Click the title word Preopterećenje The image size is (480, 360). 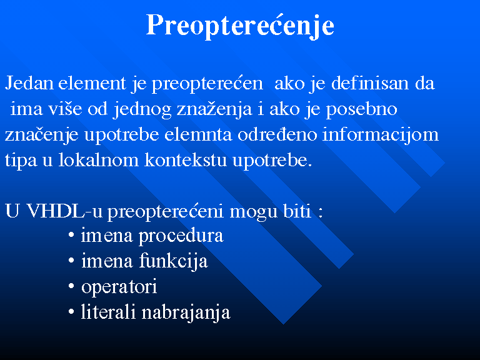pyautogui.click(x=240, y=26)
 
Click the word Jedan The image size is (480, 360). pyautogui.click(x=29, y=83)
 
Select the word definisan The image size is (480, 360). pyautogui.click(x=370, y=82)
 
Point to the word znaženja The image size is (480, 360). pyautogui.click(x=214, y=109)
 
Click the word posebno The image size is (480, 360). pyautogui.click(x=361, y=109)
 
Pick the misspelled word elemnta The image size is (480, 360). pyautogui.click(x=198, y=134)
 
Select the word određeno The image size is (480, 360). pyautogui.click(x=277, y=134)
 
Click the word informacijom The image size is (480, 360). pyautogui.click(x=381, y=135)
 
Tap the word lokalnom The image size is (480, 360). pyautogui.click(x=98, y=160)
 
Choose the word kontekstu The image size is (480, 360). pyautogui.click(x=186, y=160)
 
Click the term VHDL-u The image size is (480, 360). pyautogui.click(x=64, y=211)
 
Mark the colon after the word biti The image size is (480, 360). pyautogui.click(x=320, y=212)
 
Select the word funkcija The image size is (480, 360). pyautogui.click(x=174, y=262)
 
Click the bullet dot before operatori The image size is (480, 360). pyautogui.click(x=71, y=286)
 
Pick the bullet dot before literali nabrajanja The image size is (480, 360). pyautogui.click(x=71, y=312)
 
